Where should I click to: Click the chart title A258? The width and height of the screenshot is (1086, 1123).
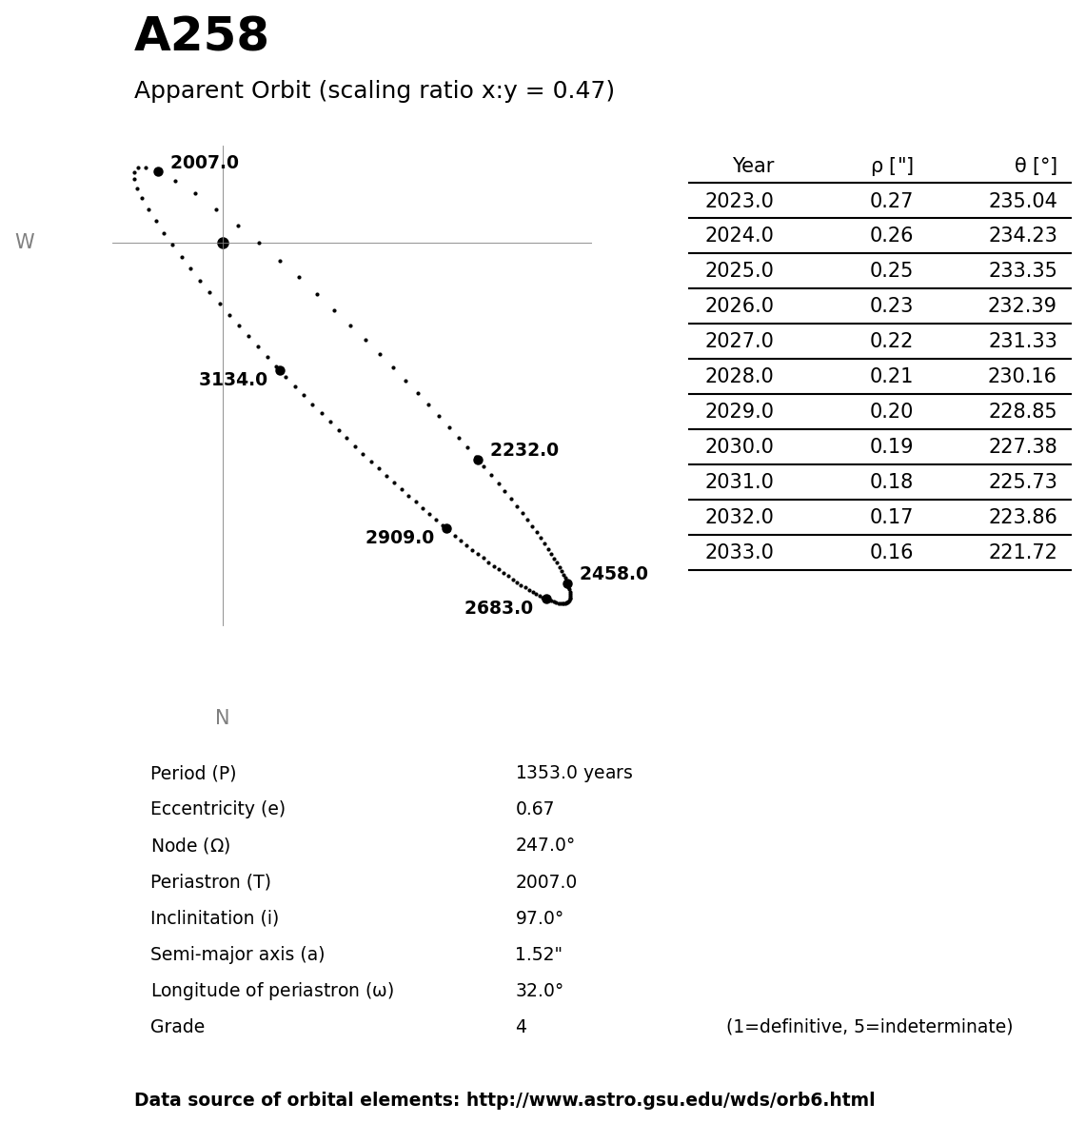coord(201,36)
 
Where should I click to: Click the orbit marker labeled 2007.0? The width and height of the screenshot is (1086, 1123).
coord(158,172)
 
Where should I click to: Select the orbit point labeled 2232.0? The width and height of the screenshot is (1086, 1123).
coord(478,460)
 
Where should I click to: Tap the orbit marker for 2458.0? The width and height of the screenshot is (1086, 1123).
coord(567,583)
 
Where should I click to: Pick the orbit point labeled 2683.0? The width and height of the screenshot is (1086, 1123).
coord(546,599)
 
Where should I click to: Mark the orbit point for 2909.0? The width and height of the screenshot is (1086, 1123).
coord(446,528)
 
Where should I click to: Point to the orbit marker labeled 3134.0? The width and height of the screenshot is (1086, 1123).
coord(280,370)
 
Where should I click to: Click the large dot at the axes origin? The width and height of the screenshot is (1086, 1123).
coord(223,243)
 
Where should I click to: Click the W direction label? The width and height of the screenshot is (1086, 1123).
coord(25,243)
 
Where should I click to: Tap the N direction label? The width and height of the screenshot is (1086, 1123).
coord(222,718)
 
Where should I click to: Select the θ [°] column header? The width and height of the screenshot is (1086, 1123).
coord(1035,167)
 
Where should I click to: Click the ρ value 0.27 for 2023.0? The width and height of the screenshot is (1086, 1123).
coord(891,201)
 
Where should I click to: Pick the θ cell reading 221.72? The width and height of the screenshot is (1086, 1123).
coord(1022,552)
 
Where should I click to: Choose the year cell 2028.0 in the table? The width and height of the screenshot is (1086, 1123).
coord(739,377)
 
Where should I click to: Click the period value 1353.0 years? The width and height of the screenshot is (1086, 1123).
coord(573,773)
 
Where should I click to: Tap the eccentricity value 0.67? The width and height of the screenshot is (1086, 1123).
coord(534,809)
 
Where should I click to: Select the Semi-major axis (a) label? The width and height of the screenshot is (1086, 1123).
coord(237,955)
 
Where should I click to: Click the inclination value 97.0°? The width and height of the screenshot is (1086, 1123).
coord(539,918)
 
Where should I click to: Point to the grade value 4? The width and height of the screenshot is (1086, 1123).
coord(521,1027)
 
